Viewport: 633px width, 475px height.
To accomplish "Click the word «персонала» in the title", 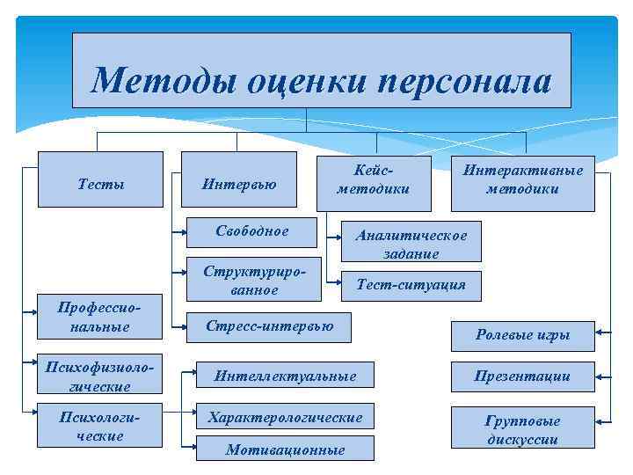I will pos(465,82).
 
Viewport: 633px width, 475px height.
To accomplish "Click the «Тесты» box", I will pos(101,184).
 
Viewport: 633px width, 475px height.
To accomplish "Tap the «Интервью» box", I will pos(239,184).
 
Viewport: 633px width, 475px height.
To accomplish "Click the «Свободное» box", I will pos(251,231).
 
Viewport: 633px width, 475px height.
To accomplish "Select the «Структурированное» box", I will pos(253,279).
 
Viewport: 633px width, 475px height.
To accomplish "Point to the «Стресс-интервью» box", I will pos(269,326).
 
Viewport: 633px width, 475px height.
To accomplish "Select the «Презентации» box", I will pos(522,376).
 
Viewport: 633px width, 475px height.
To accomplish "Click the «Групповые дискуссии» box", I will pos(522,428).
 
